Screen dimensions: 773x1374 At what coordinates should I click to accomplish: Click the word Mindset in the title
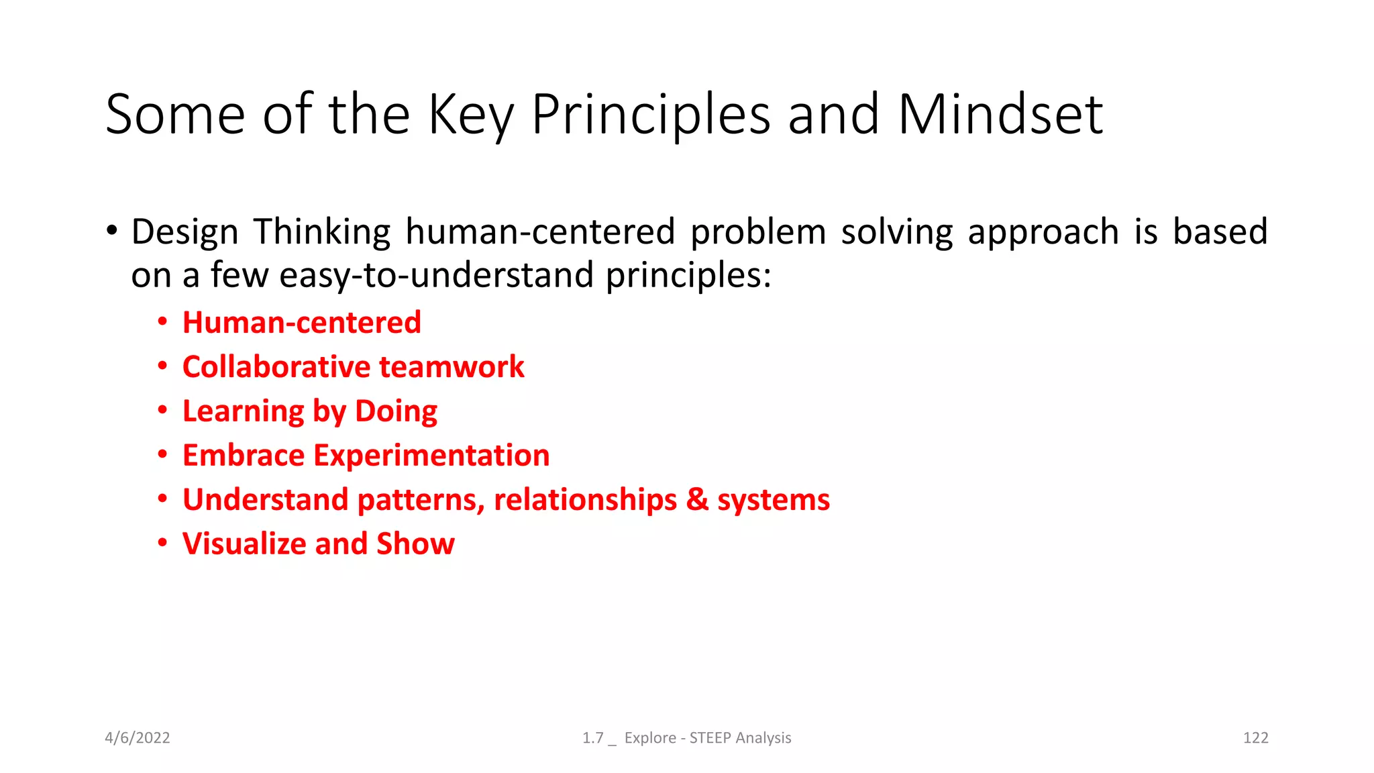[1000, 115]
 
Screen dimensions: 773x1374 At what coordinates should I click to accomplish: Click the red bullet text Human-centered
[302, 323]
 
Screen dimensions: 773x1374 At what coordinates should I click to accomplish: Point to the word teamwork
[452, 367]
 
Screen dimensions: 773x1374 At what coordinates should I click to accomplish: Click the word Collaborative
[276, 367]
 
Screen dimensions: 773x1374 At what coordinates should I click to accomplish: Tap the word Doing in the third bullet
[396, 411]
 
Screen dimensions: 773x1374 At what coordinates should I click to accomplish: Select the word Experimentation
[431, 456]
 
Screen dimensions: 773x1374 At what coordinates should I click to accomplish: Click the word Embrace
[244, 456]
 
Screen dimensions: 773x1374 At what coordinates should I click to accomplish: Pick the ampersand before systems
[697, 500]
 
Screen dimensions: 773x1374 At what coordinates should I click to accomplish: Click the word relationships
[585, 500]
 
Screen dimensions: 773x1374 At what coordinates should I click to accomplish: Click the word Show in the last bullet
[415, 544]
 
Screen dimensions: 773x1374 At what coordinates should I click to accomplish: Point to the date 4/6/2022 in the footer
[138, 738]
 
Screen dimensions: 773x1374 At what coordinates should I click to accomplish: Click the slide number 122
[1255, 738]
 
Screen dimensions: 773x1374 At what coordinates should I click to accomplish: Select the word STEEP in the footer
[710, 738]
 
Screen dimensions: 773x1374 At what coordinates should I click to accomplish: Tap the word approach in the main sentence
[1043, 232]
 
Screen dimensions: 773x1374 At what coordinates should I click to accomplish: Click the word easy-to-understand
[436, 276]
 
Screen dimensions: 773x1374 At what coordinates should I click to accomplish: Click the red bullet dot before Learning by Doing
[162, 410]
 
